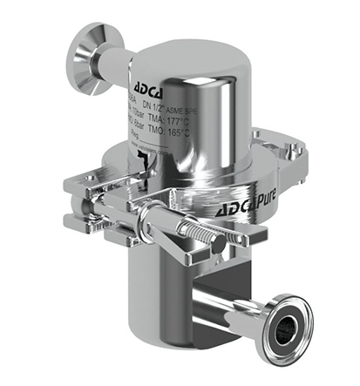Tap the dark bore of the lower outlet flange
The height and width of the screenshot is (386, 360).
(x=284, y=332)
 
